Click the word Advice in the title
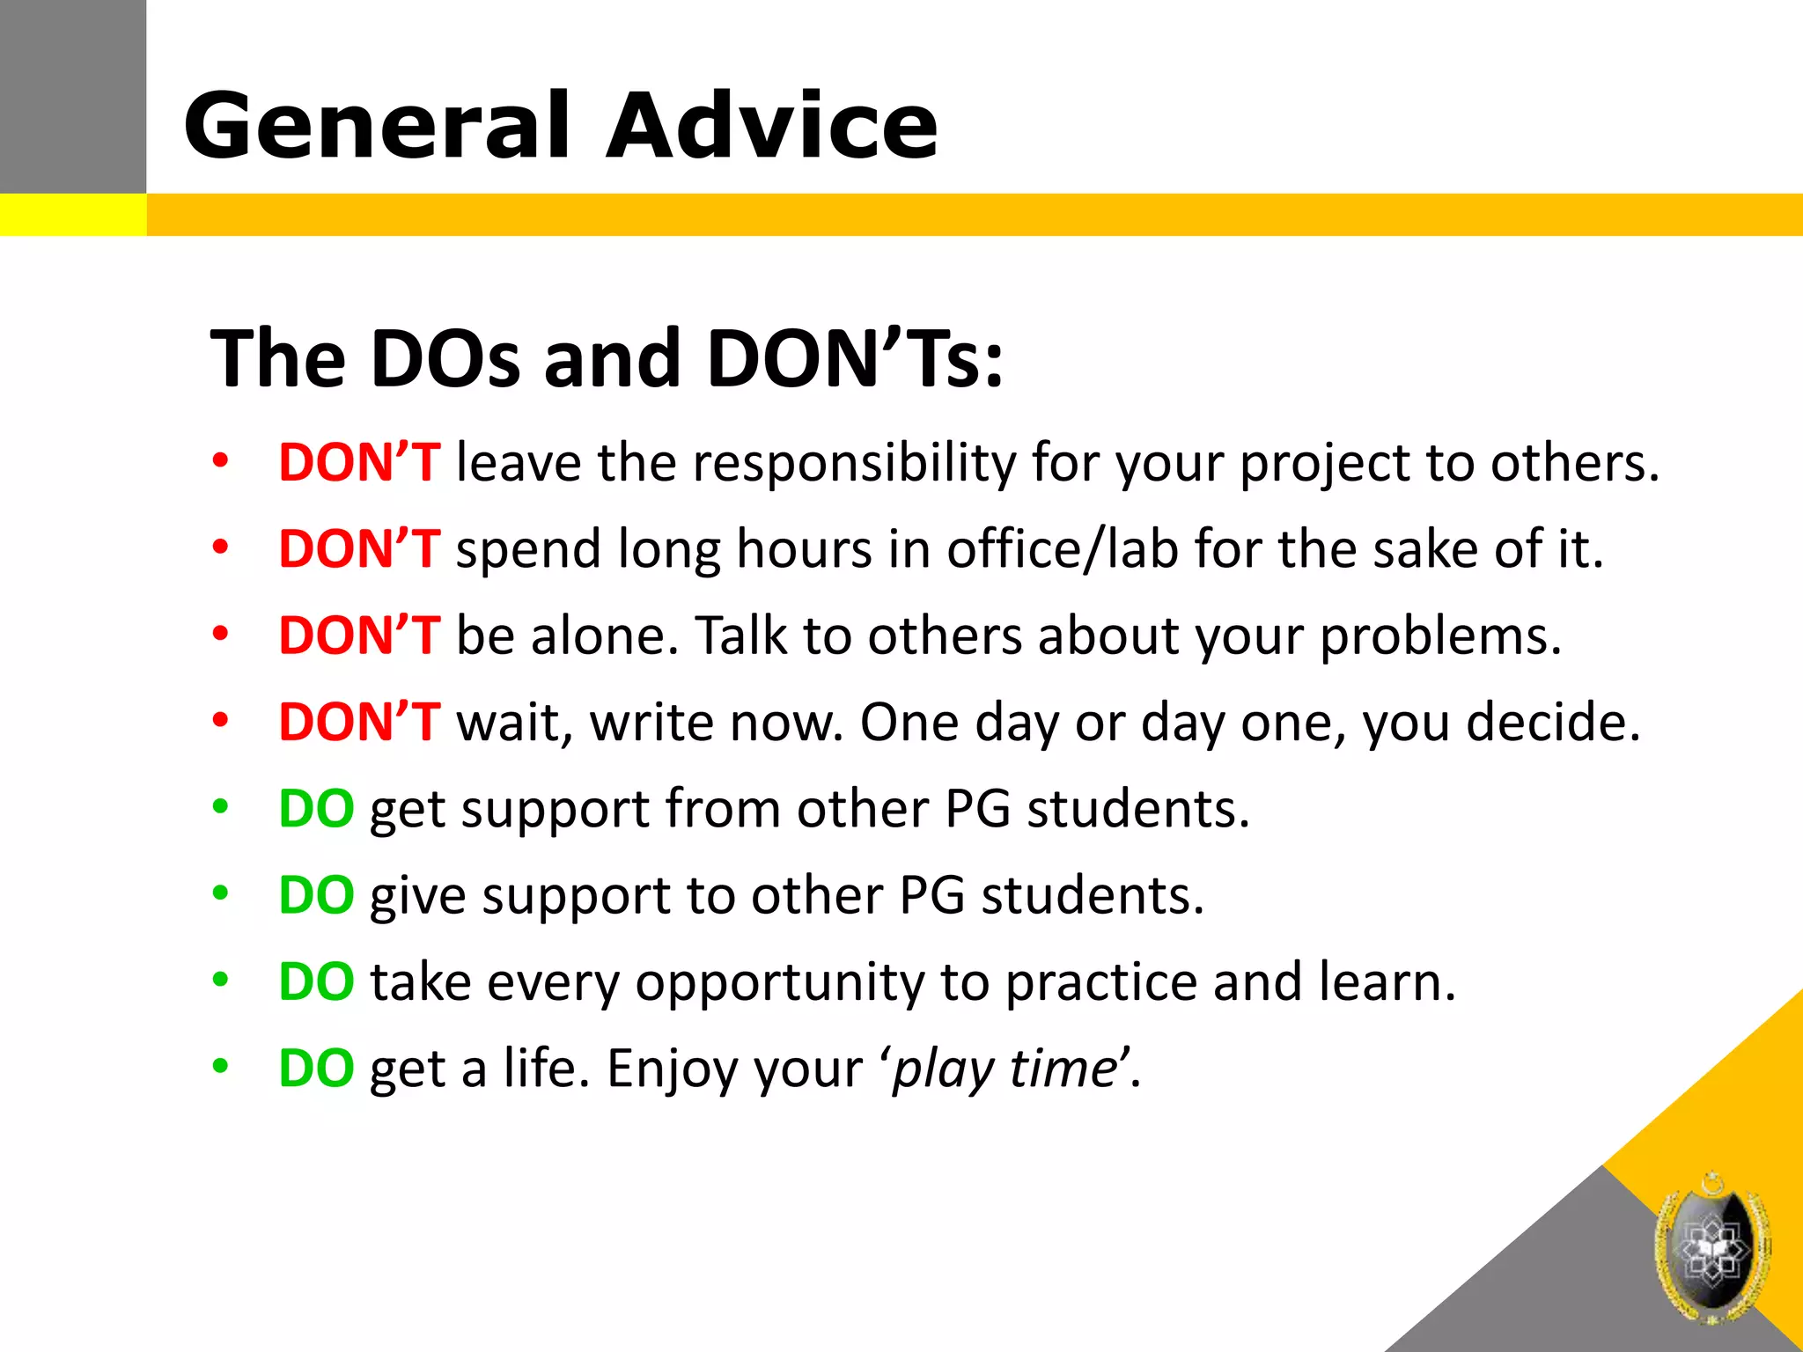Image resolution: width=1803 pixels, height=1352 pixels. (772, 126)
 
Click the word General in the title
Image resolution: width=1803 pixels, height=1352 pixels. (378, 126)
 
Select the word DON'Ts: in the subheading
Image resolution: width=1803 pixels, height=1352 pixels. (855, 358)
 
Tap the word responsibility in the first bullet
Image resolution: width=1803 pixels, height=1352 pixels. (854, 463)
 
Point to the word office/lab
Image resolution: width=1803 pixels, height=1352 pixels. (1063, 549)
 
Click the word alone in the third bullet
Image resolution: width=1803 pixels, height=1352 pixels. (599, 636)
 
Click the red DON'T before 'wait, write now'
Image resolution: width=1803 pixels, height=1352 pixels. (358, 722)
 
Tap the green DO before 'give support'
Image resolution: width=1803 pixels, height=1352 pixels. (316, 895)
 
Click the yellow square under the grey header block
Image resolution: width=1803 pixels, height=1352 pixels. (72, 215)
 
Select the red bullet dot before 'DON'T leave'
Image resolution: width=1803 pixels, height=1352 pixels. (220, 460)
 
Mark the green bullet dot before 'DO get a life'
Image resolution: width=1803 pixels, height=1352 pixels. (220, 1066)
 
